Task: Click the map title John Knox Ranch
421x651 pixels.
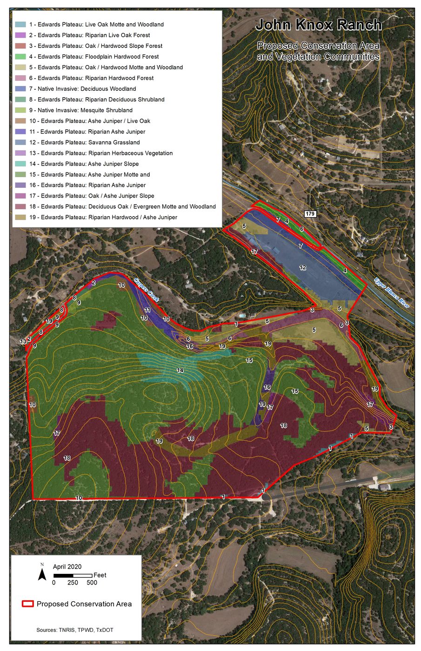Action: (319, 25)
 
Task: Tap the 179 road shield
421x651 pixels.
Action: (310, 214)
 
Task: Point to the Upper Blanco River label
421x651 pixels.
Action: (392, 292)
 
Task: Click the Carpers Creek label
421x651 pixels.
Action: (147, 289)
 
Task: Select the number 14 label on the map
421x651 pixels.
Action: (180, 370)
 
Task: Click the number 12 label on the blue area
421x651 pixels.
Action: (303, 267)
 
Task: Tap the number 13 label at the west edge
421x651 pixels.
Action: (23, 342)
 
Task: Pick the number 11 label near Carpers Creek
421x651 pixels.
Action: (147, 310)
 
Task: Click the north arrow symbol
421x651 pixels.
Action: (42, 572)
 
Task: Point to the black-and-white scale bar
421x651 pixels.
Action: (73, 576)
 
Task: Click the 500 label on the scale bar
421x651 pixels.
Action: (92, 583)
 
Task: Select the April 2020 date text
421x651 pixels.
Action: (67, 566)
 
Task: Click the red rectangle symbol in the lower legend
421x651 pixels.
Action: (28, 604)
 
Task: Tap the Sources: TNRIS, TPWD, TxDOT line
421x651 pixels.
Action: (75, 630)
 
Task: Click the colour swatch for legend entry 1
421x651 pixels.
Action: (20, 24)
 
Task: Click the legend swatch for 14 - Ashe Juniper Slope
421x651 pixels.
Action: (20, 164)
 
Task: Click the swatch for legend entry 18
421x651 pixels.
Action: (20, 206)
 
